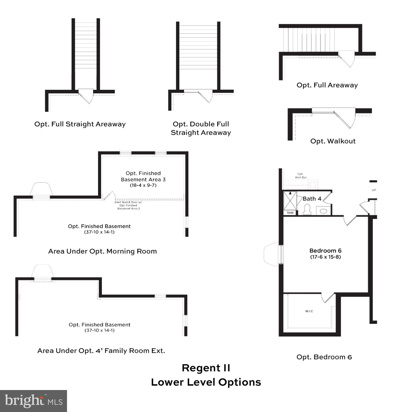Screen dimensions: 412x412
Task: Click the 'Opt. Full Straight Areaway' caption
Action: point(80,124)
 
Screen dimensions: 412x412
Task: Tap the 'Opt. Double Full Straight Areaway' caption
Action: point(201,128)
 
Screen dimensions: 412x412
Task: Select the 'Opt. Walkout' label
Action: point(333,141)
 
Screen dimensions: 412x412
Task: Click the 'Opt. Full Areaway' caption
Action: point(327,85)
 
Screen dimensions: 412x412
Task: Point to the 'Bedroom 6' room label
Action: point(325,250)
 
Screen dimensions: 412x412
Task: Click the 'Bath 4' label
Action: point(312,199)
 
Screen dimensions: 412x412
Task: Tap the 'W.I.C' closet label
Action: point(309,311)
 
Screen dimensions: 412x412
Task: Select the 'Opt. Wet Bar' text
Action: point(301,176)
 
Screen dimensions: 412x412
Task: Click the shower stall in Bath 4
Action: point(290,201)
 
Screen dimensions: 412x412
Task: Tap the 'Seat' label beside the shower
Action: point(290,213)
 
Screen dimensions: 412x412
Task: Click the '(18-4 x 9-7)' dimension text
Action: point(143,185)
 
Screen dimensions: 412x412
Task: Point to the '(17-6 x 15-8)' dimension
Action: point(325,257)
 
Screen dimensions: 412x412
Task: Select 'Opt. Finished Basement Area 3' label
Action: point(143,176)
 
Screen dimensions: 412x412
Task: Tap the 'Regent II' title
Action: point(206,368)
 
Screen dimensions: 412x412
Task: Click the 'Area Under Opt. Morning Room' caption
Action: point(102,251)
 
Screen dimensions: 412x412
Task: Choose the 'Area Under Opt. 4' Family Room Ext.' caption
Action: point(101,351)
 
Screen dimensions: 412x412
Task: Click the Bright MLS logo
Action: point(34,401)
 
